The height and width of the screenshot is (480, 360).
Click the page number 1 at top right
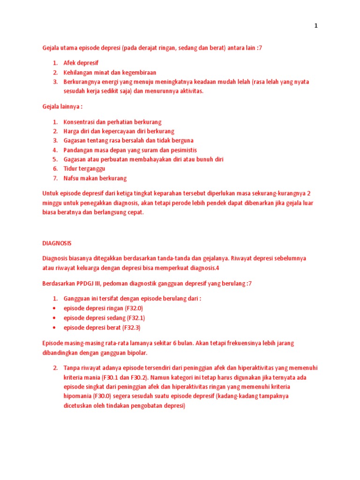click(316, 26)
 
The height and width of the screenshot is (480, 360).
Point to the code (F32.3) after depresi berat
click(131, 327)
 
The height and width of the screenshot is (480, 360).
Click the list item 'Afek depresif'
click(81, 63)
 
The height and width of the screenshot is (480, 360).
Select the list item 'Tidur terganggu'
click(84, 169)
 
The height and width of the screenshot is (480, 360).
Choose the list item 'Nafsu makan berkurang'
click(95, 178)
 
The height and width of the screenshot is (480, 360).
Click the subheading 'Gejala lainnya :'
click(62, 107)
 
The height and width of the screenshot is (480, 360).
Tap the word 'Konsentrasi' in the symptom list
click(79, 121)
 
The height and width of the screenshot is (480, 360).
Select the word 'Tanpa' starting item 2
click(72, 368)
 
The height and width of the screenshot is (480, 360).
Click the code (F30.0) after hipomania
click(103, 397)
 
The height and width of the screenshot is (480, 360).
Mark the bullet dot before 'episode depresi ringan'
click(55, 308)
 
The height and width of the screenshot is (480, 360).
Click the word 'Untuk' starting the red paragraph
click(50, 193)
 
